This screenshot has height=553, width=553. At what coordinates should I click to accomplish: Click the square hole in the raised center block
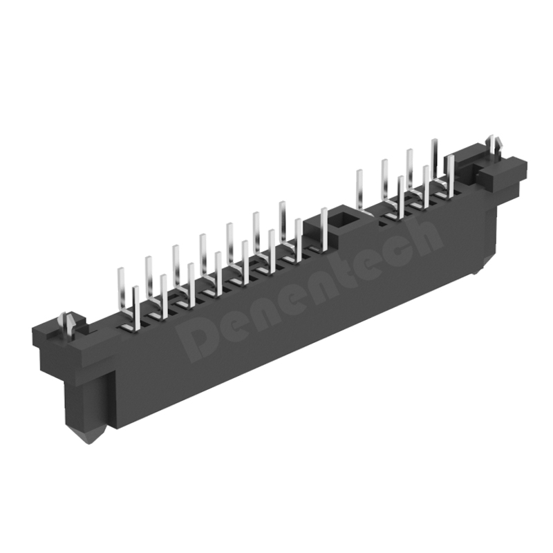click(343, 221)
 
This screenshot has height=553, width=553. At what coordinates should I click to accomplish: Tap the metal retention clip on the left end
click(68, 323)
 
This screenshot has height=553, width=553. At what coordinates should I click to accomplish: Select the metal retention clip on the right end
click(494, 144)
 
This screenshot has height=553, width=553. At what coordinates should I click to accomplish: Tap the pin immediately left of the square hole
click(324, 228)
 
